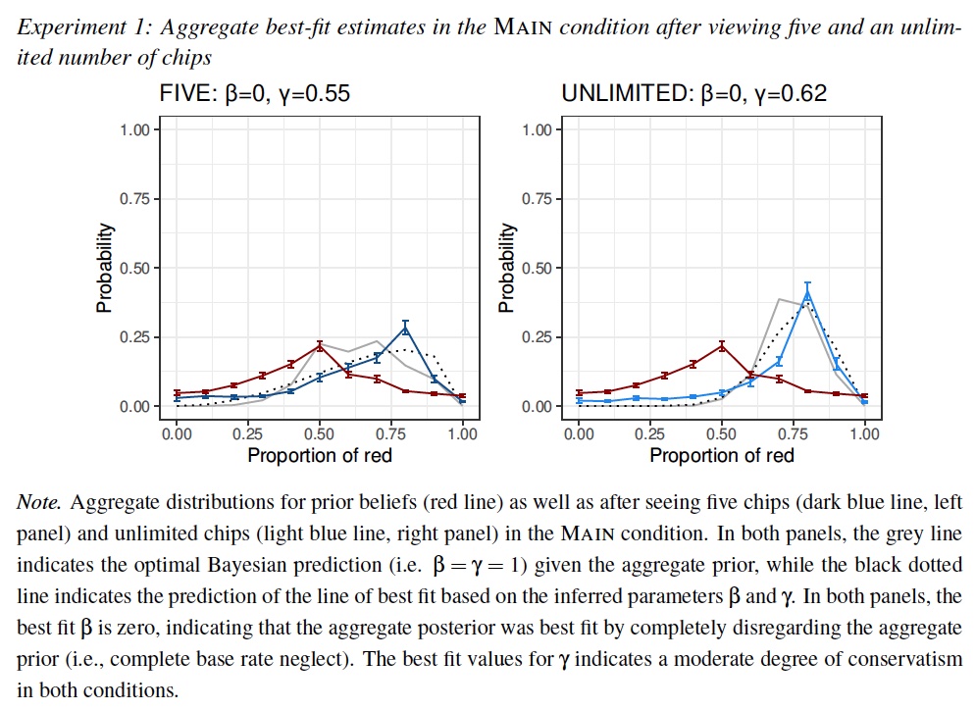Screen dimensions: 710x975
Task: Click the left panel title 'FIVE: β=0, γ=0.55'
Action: click(x=254, y=94)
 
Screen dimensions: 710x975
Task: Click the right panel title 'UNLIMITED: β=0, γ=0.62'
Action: click(x=693, y=94)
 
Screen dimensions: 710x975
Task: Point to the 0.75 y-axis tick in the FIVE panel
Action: click(x=134, y=199)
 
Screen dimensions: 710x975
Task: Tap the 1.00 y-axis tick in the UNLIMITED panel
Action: click(x=537, y=130)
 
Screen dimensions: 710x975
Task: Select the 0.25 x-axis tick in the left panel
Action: click(x=248, y=433)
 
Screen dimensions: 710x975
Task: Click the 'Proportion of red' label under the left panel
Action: click(x=320, y=455)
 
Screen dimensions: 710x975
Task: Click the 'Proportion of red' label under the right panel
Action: click(x=722, y=455)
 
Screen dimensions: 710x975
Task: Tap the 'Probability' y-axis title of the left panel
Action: click(x=103, y=268)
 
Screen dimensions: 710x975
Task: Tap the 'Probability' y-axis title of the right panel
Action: click(x=506, y=268)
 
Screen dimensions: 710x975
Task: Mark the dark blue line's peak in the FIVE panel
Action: click(x=405, y=328)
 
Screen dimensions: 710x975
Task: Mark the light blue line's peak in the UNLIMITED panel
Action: click(x=807, y=292)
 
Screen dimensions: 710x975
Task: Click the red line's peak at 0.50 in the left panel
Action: click(x=320, y=345)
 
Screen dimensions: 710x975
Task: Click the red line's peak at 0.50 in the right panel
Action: click(x=722, y=345)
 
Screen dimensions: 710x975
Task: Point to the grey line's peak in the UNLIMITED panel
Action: click(x=779, y=299)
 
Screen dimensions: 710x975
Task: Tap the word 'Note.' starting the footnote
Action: click(x=40, y=502)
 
